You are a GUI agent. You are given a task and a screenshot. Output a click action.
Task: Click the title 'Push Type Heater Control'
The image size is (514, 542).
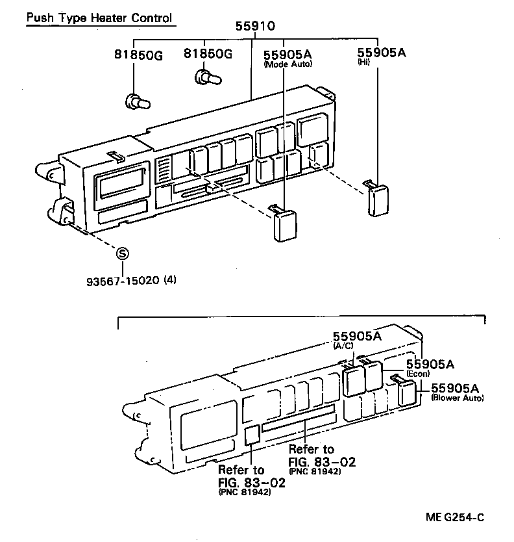(x=99, y=18)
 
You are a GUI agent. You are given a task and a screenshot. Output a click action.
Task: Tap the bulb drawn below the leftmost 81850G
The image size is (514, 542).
(x=137, y=101)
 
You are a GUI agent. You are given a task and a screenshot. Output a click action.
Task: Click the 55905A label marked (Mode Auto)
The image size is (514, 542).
(x=288, y=53)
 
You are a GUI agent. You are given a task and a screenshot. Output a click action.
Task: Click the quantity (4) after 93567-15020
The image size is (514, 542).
(x=170, y=281)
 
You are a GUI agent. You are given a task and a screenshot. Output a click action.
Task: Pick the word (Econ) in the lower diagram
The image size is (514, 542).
(x=419, y=374)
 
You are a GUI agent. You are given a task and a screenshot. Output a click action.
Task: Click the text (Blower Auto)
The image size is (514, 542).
(x=457, y=398)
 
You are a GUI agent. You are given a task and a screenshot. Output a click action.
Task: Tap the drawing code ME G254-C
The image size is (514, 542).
(x=455, y=517)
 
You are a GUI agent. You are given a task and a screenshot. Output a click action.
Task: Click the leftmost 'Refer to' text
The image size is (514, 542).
(x=241, y=470)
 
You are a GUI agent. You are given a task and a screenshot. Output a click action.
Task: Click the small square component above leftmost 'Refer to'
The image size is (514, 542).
(x=252, y=435)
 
